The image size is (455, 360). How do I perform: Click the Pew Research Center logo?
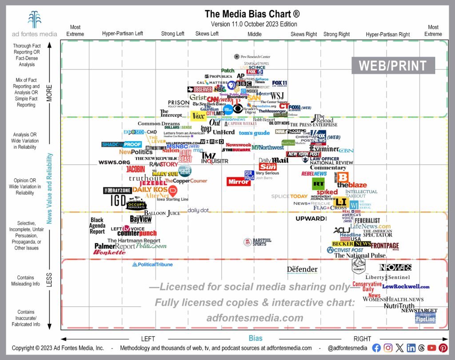pos(252,57)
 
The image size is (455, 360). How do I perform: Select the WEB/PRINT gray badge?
pos(392,66)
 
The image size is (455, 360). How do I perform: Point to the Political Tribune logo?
pos(152,265)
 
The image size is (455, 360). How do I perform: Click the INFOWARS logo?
pos(395,267)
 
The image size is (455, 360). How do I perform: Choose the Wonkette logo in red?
pos(109,252)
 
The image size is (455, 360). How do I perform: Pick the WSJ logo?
pos(277,95)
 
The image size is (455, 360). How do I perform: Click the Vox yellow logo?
pos(197,116)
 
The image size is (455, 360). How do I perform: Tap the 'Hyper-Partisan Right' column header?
pos(388,34)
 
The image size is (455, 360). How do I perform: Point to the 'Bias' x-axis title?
pos(255,338)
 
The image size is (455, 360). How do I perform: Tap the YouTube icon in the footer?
pos(431,348)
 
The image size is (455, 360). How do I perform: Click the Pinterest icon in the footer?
pos(443,348)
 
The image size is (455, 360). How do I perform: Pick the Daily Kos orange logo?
pos(150,190)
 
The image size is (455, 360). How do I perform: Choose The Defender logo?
pos(302,269)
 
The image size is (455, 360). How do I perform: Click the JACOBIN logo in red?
pos(136,169)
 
